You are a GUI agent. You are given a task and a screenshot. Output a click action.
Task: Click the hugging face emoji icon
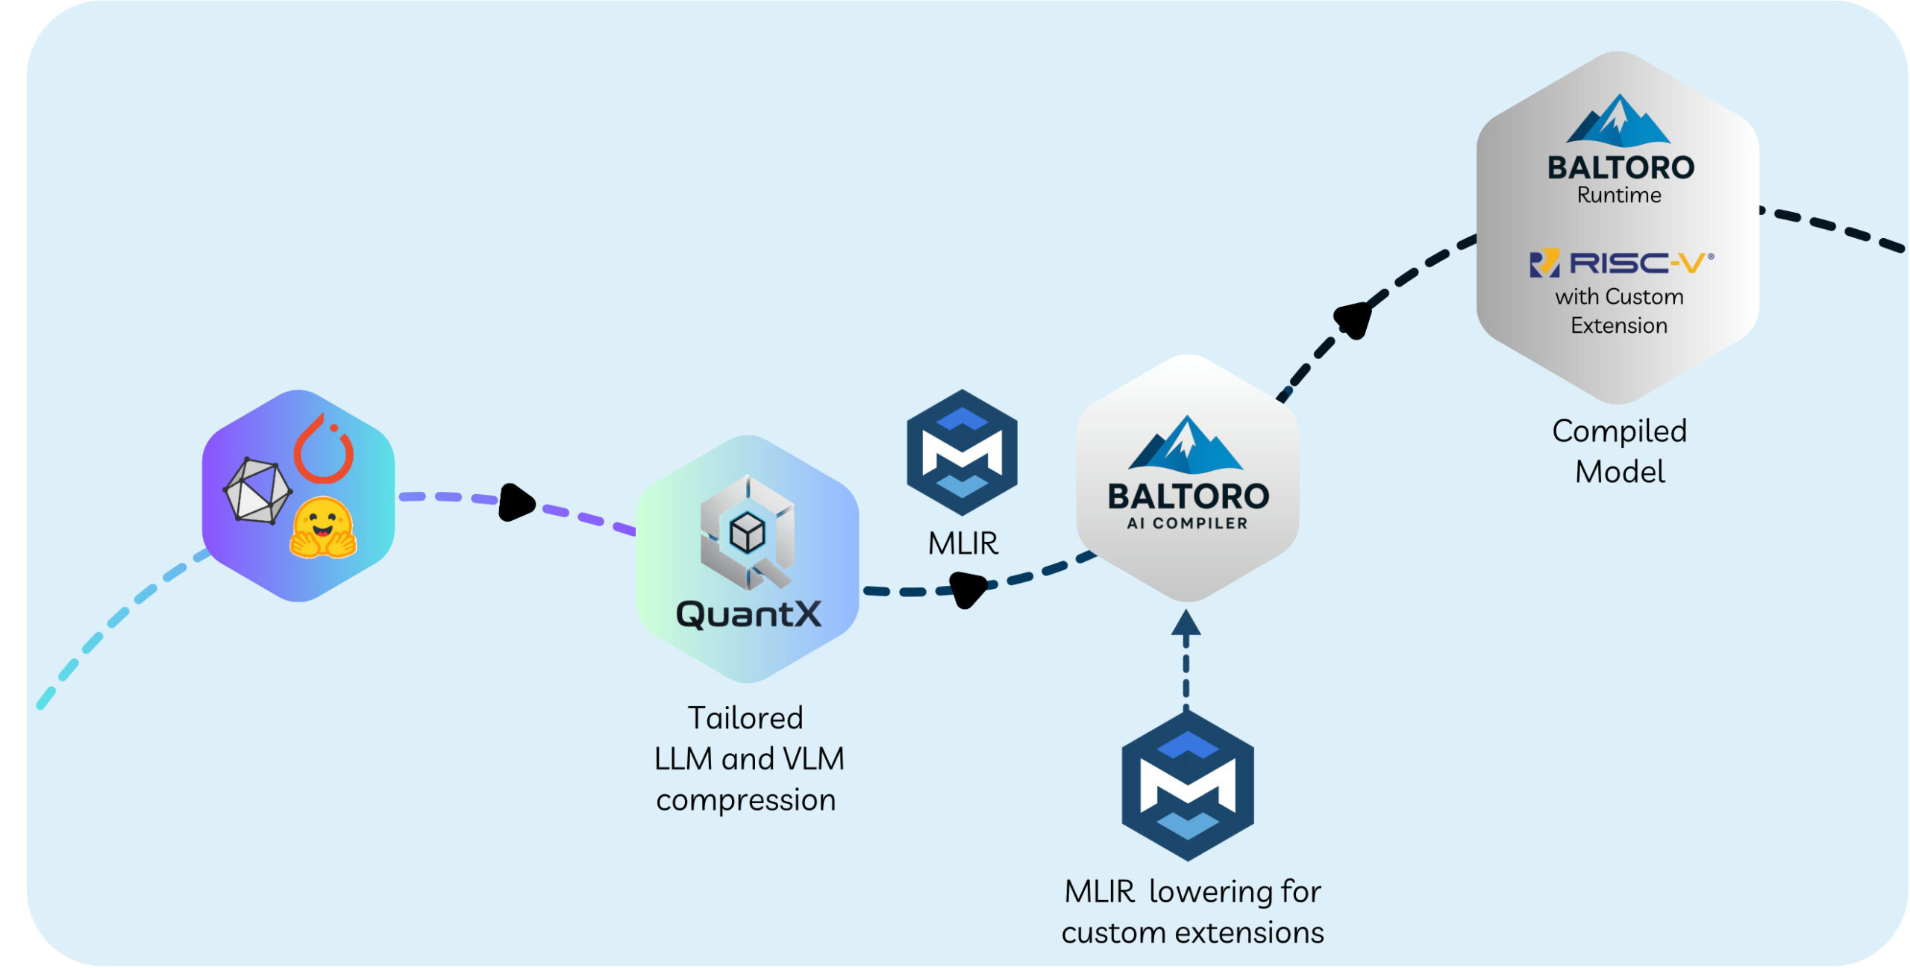coord(323,528)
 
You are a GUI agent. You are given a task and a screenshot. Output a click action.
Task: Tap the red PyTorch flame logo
coord(323,449)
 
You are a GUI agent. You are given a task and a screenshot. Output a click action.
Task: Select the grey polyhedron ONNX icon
coord(257,492)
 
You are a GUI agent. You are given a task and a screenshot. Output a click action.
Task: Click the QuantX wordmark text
coord(748,614)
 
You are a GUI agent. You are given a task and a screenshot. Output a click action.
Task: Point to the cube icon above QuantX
coord(747,533)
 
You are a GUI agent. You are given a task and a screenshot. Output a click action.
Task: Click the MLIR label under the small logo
coord(962,543)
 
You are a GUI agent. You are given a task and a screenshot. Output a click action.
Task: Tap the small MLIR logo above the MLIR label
coord(962,452)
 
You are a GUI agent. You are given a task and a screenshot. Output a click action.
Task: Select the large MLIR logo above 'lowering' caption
coord(1187,785)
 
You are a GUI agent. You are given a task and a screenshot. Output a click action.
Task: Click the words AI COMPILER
coord(1187,524)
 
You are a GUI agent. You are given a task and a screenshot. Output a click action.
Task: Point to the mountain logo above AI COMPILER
coord(1186,446)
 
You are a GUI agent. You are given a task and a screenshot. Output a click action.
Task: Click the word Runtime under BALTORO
coord(1619,196)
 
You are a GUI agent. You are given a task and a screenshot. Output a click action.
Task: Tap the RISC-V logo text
coord(1638,263)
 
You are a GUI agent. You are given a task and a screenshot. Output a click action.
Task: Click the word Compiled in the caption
coord(1619,431)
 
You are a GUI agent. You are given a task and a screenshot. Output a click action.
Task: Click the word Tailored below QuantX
coord(745,719)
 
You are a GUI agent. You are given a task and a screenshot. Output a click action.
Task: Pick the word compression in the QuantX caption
coord(746,800)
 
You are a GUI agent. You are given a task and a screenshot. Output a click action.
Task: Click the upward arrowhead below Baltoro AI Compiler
coord(1186,623)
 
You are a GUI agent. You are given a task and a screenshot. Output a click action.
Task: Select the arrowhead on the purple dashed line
coord(516,502)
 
